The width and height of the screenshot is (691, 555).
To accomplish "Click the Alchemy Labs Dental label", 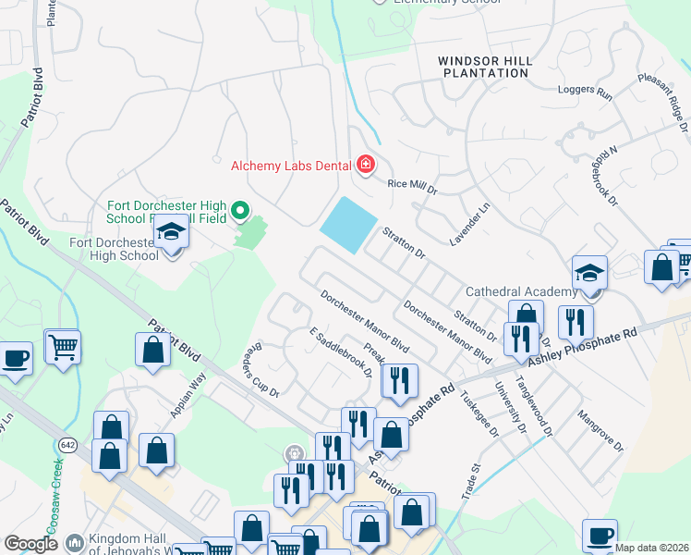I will pos(291,166).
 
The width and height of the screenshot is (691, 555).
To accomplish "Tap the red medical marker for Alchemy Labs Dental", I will pos(365,166).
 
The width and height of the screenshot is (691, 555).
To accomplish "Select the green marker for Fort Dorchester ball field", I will pos(240,212).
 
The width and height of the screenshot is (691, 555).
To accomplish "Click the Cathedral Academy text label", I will pos(520,291).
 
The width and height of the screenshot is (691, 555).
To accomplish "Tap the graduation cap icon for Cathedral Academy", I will pos(589,273).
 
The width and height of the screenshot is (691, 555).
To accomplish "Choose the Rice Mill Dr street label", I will pos(411,184).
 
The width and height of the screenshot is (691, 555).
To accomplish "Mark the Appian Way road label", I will pos(187,393).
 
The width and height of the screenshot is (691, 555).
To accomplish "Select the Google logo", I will pos(30,544).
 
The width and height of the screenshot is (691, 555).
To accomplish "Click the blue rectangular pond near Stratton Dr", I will pos(348,225).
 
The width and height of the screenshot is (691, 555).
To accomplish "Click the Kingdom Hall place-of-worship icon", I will pos(75,541).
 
